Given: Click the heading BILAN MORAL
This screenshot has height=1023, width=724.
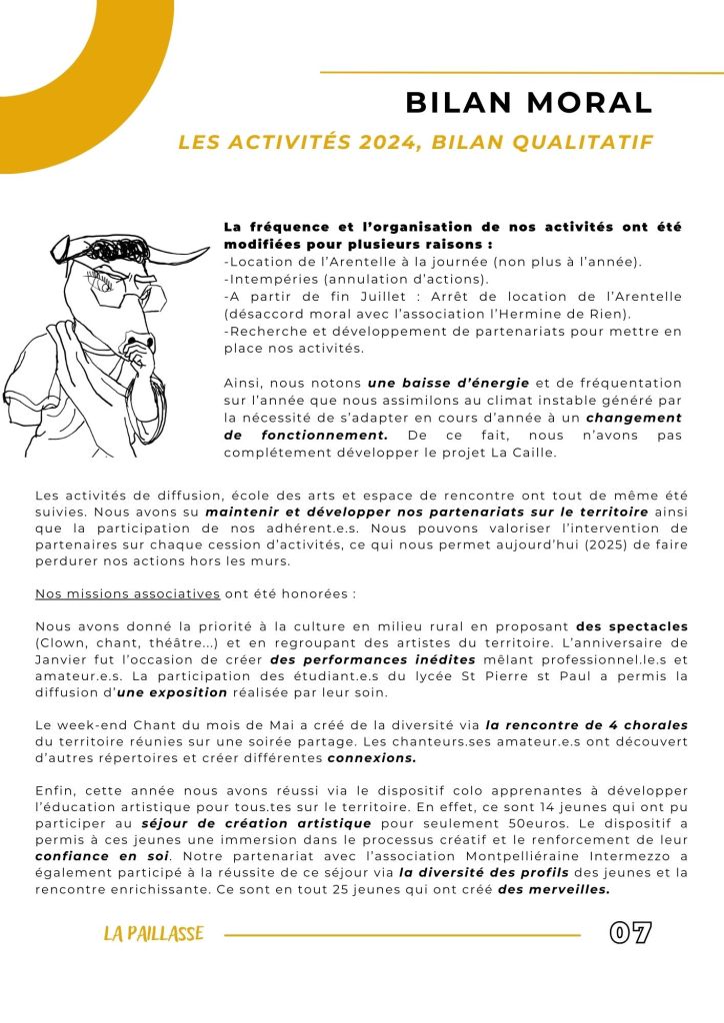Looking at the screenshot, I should coord(528,102).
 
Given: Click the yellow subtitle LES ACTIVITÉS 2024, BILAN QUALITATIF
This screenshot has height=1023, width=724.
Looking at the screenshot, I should coord(415,143).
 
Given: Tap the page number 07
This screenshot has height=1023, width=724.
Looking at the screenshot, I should coord(631,934).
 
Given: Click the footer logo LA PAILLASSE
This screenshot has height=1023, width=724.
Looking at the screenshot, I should coord(153,935).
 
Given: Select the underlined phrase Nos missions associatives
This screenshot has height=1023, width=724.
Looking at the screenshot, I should coord(127,593).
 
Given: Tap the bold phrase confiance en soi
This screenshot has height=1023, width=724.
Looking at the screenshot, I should coord(87,857).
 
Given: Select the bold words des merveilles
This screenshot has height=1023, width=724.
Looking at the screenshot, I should coord(554,890).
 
